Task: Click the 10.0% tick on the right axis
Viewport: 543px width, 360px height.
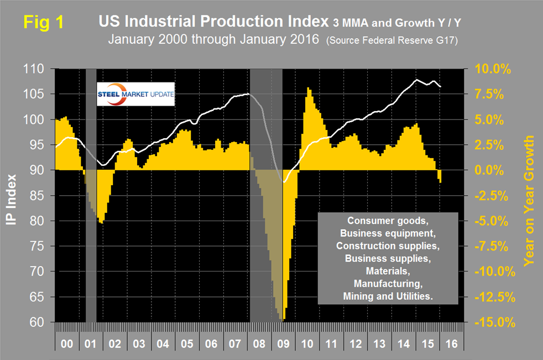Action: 493,70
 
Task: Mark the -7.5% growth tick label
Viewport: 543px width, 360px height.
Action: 494,246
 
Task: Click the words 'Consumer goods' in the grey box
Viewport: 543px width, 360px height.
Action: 387,221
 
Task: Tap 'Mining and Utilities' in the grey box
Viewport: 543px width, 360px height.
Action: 387,296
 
